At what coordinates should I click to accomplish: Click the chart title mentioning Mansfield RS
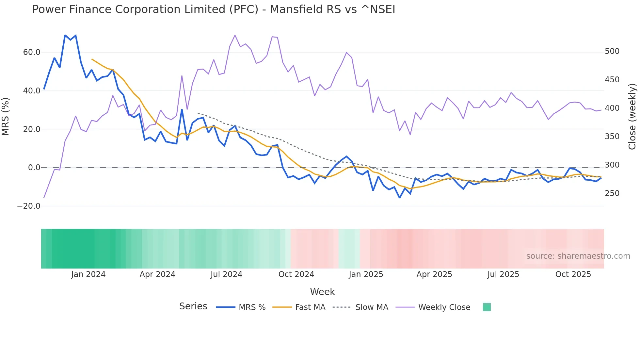pyautogui.click(x=214, y=9)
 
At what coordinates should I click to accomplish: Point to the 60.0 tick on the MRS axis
pyautogui.click(x=32, y=52)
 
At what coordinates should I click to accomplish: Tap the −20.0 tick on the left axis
pyautogui.click(x=29, y=206)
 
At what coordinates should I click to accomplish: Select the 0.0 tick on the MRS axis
pyautogui.click(x=34, y=168)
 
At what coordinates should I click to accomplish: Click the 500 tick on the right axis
pyautogui.click(x=612, y=51)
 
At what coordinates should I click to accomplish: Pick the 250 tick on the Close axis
pyautogui.click(x=612, y=193)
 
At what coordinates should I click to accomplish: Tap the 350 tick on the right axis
pyautogui.click(x=612, y=137)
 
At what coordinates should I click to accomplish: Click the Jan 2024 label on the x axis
pyautogui.click(x=88, y=274)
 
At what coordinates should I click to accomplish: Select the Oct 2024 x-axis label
pyautogui.click(x=296, y=274)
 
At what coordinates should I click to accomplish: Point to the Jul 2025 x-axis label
pyautogui.click(x=503, y=274)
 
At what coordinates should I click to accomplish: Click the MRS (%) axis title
pyautogui.click(x=6, y=116)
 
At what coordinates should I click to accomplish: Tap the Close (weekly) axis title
pyautogui.click(x=632, y=117)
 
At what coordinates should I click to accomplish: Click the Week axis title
pyautogui.click(x=322, y=292)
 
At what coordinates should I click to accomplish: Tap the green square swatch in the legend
pyautogui.click(x=487, y=307)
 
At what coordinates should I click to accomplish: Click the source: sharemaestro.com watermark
pyautogui.click(x=578, y=256)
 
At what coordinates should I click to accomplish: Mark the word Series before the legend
pyautogui.click(x=193, y=306)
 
